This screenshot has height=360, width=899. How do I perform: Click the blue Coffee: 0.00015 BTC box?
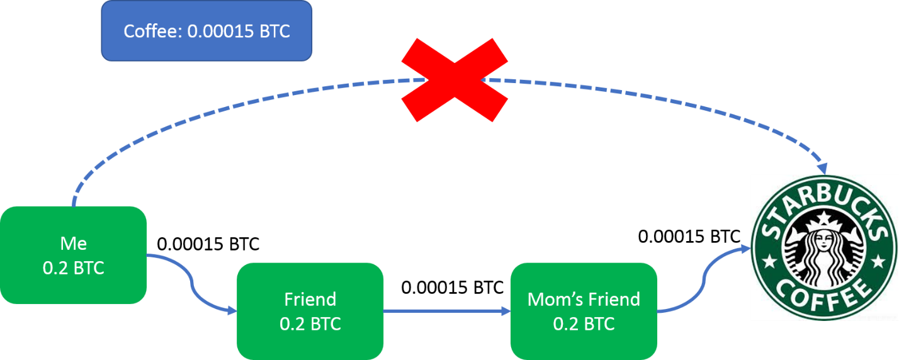tap(206, 31)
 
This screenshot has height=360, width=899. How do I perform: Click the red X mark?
tap(455, 79)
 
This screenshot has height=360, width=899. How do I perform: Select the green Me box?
tap(73, 255)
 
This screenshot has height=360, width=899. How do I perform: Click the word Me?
tap(73, 243)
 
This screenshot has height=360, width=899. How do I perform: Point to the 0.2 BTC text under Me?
tap(73, 268)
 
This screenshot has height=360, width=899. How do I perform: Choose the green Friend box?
tap(310, 311)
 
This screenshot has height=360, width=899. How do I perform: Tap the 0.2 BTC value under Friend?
tap(310, 324)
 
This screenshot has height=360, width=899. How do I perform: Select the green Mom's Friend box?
tap(584, 311)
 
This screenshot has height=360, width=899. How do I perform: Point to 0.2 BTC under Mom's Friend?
tap(584, 324)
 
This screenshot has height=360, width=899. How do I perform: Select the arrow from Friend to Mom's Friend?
tap(447, 311)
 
